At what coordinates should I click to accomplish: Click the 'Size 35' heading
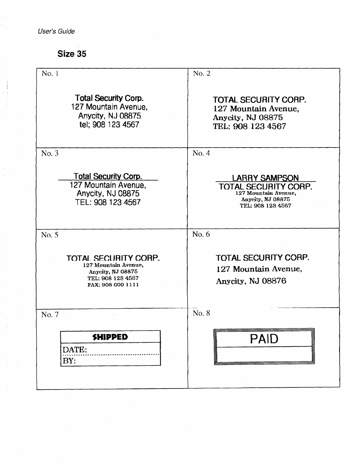[72, 54]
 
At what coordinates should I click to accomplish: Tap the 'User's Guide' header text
[56, 31]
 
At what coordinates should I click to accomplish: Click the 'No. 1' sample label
[50, 73]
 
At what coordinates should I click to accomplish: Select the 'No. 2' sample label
[201, 73]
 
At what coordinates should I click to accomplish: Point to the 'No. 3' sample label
[50, 153]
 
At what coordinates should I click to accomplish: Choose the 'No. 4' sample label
[201, 153]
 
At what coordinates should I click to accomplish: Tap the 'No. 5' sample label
[50, 235]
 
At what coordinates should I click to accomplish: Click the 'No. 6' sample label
[201, 234]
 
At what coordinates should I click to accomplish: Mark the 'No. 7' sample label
[50, 315]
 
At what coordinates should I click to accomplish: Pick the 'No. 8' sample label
[201, 313]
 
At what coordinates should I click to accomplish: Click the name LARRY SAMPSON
[265, 178]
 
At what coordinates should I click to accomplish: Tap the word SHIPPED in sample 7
[110, 337]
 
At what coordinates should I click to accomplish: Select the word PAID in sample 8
[264, 339]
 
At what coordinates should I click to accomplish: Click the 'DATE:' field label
[75, 350]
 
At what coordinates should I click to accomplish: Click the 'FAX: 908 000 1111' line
[113, 285]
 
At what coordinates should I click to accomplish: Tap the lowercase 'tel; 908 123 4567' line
[109, 125]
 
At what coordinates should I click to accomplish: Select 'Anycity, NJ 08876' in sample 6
[251, 281]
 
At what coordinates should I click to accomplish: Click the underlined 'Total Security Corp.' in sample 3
[108, 176]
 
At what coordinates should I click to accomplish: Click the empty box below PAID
[264, 354]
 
